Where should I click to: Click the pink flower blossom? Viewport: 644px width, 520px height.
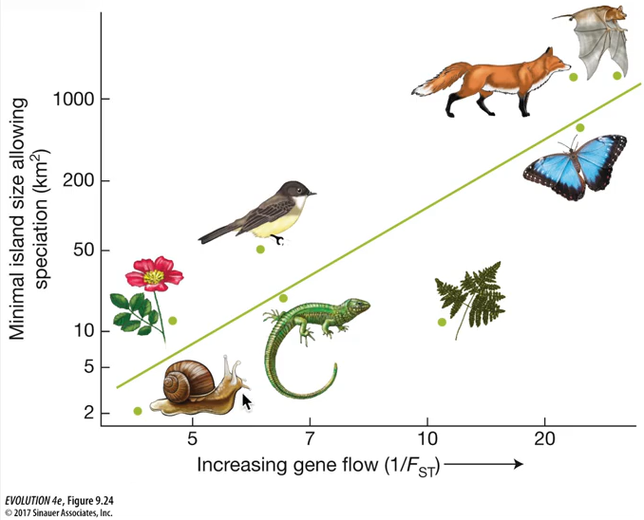[154, 274]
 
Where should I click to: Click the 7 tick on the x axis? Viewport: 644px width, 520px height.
[310, 439]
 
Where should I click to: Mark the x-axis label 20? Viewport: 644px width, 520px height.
[544, 439]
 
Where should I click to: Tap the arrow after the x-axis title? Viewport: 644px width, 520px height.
[483, 464]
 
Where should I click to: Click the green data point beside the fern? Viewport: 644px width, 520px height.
[442, 322]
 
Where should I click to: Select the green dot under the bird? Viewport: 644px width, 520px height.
[260, 249]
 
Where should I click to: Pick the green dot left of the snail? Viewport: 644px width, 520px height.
[139, 411]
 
